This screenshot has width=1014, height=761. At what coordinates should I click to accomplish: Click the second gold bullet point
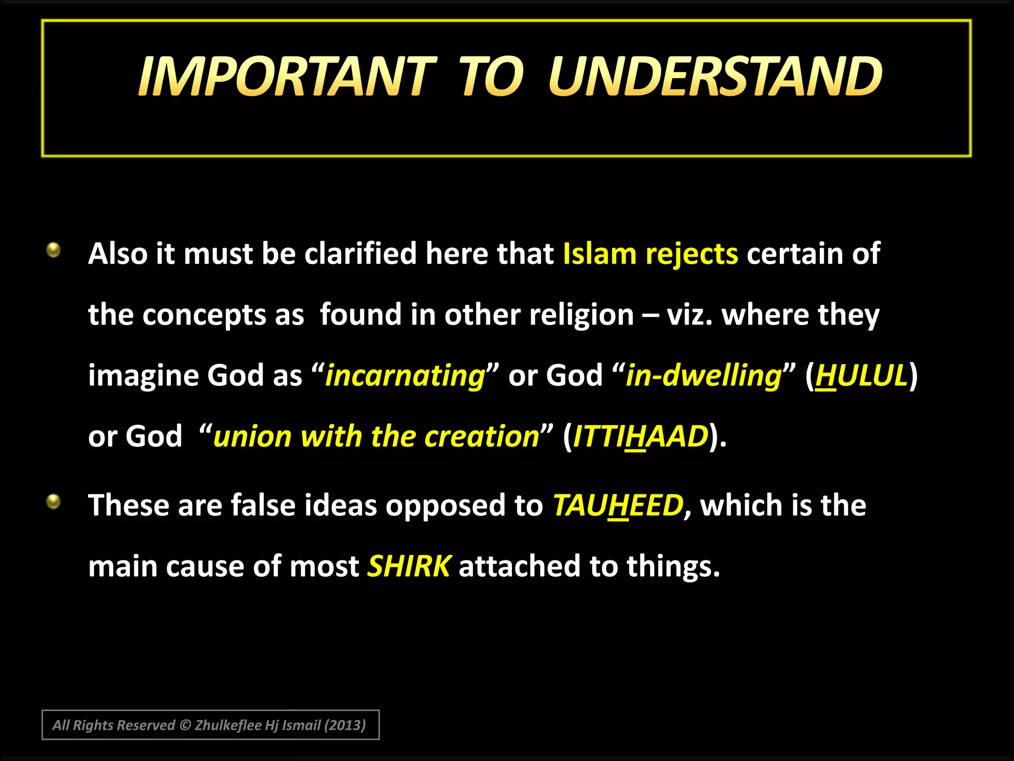(x=53, y=502)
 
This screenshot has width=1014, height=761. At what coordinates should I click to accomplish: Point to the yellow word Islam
(x=599, y=254)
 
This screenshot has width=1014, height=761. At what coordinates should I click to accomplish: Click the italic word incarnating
(x=405, y=376)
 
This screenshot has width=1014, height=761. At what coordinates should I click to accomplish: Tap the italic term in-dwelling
(x=703, y=376)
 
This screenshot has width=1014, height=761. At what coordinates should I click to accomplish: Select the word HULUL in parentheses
(x=862, y=376)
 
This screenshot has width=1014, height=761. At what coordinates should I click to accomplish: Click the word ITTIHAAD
(x=641, y=436)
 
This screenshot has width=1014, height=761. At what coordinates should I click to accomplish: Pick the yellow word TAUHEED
(x=618, y=505)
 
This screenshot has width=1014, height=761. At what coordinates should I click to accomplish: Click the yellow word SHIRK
(x=409, y=566)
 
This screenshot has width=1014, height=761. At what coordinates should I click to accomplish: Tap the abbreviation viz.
(x=689, y=315)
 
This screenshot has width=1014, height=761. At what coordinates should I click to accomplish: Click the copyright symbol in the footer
(x=185, y=725)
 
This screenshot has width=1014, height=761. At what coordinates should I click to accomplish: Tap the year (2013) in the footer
(x=345, y=725)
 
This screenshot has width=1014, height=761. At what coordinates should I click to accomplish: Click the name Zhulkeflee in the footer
(x=228, y=725)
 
